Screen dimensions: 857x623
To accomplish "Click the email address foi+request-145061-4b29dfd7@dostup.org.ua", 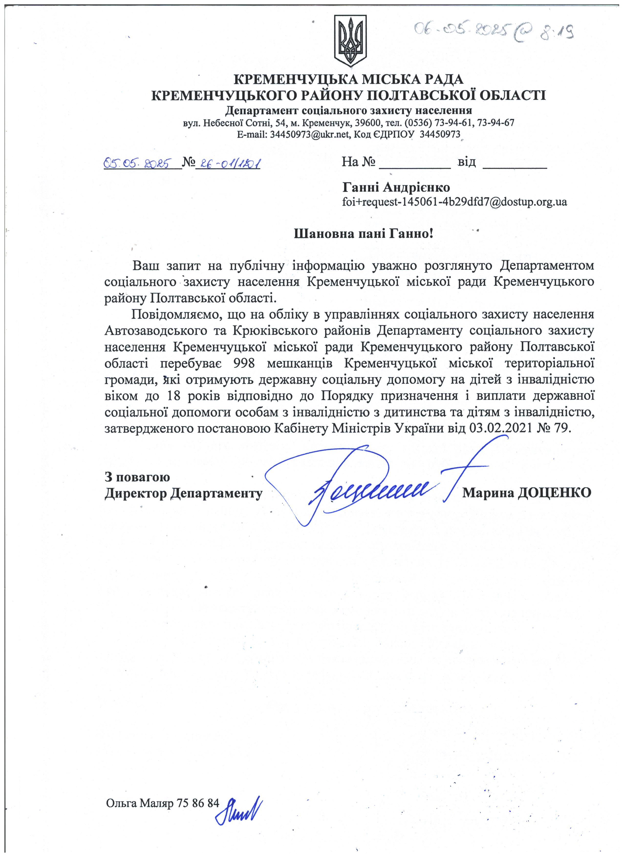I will (454, 202).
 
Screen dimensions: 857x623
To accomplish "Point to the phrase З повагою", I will (137, 477).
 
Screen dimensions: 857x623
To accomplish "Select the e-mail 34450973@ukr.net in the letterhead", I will (309, 134).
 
